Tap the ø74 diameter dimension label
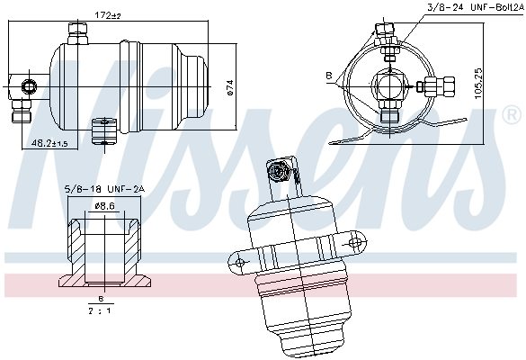[230, 86]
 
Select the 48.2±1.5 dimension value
[50, 143]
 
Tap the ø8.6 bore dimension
[106, 206]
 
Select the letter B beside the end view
[329, 75]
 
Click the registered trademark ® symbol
[510, 115]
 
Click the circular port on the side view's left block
[27, 86]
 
